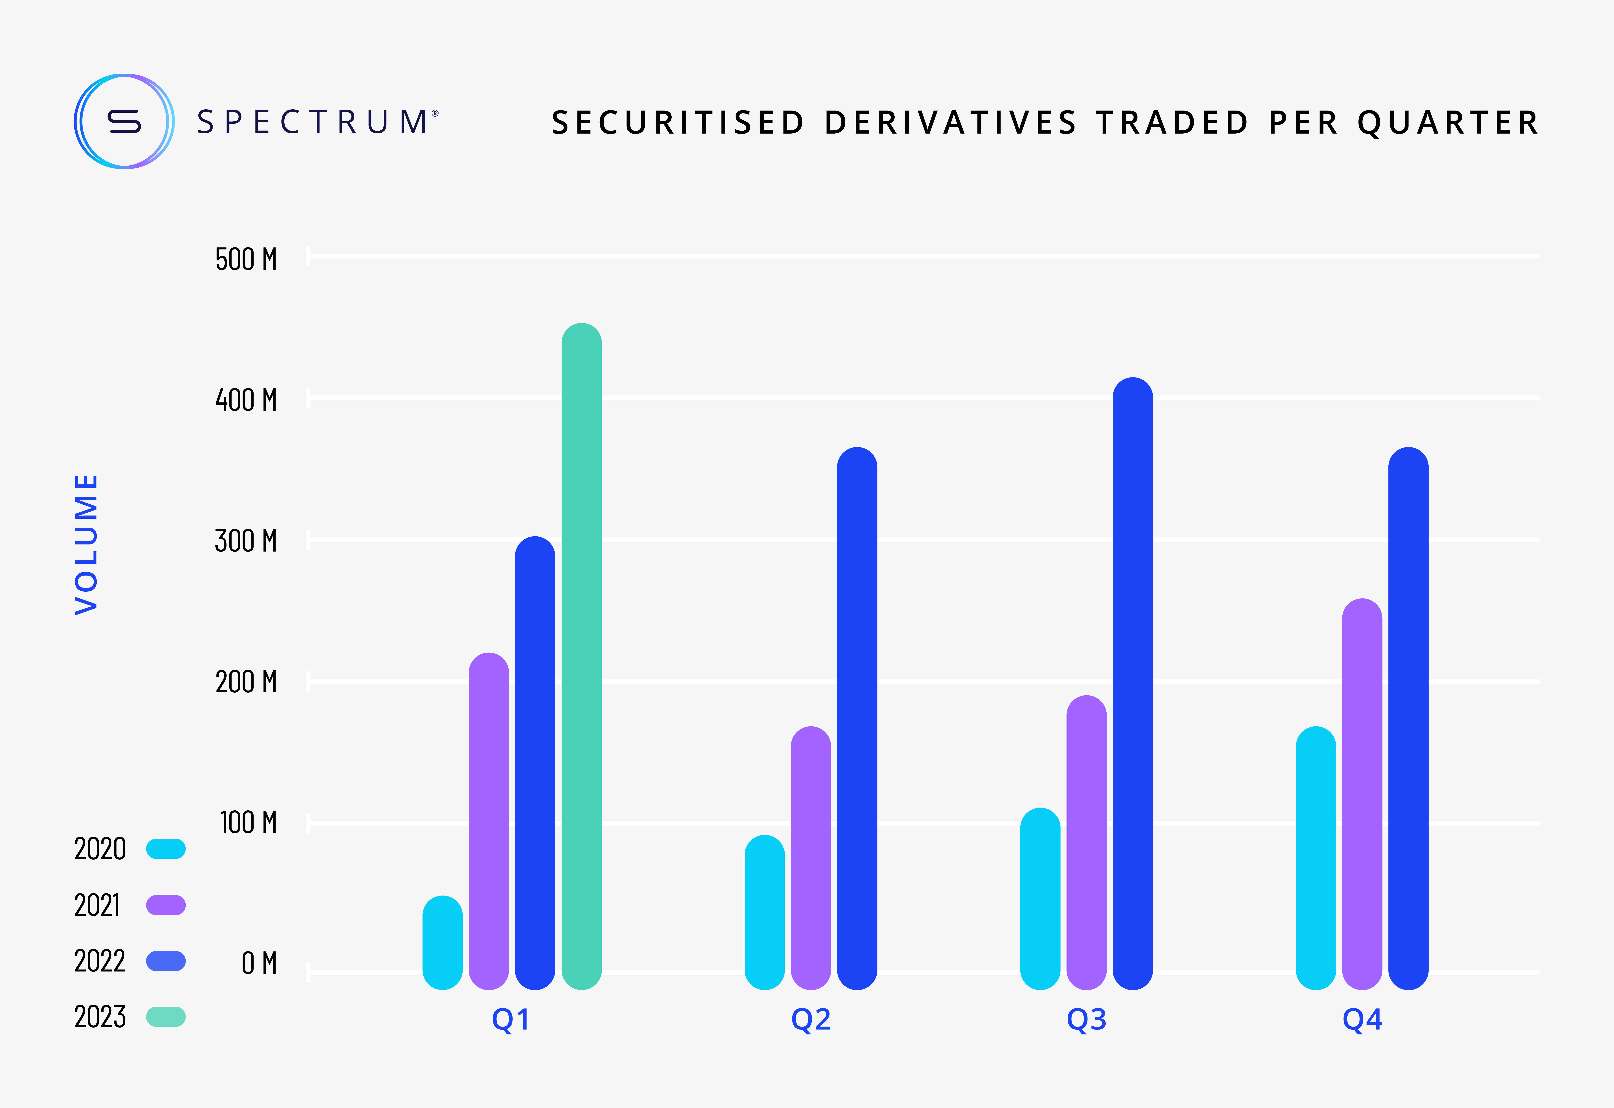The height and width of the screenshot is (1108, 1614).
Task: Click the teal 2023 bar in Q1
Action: (581, 656)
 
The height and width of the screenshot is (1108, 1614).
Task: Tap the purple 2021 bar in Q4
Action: (1362, 793)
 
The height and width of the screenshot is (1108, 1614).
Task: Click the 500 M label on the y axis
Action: (246, 260)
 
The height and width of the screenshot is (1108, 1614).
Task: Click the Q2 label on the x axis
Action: (811, 1019)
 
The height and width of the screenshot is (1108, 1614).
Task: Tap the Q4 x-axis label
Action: (1362, 1019)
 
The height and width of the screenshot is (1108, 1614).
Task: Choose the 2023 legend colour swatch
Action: (166, 1017)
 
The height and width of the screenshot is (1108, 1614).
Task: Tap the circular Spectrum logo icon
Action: (124, 122)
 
